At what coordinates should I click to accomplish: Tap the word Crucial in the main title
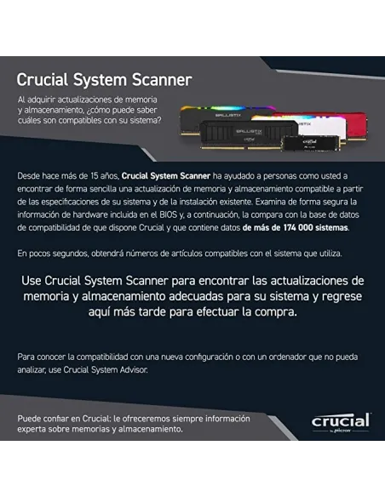[x=44, y=80]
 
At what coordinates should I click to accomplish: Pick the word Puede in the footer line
[x=29, y=419]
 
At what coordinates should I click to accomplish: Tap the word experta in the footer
[x=33, y=430]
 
